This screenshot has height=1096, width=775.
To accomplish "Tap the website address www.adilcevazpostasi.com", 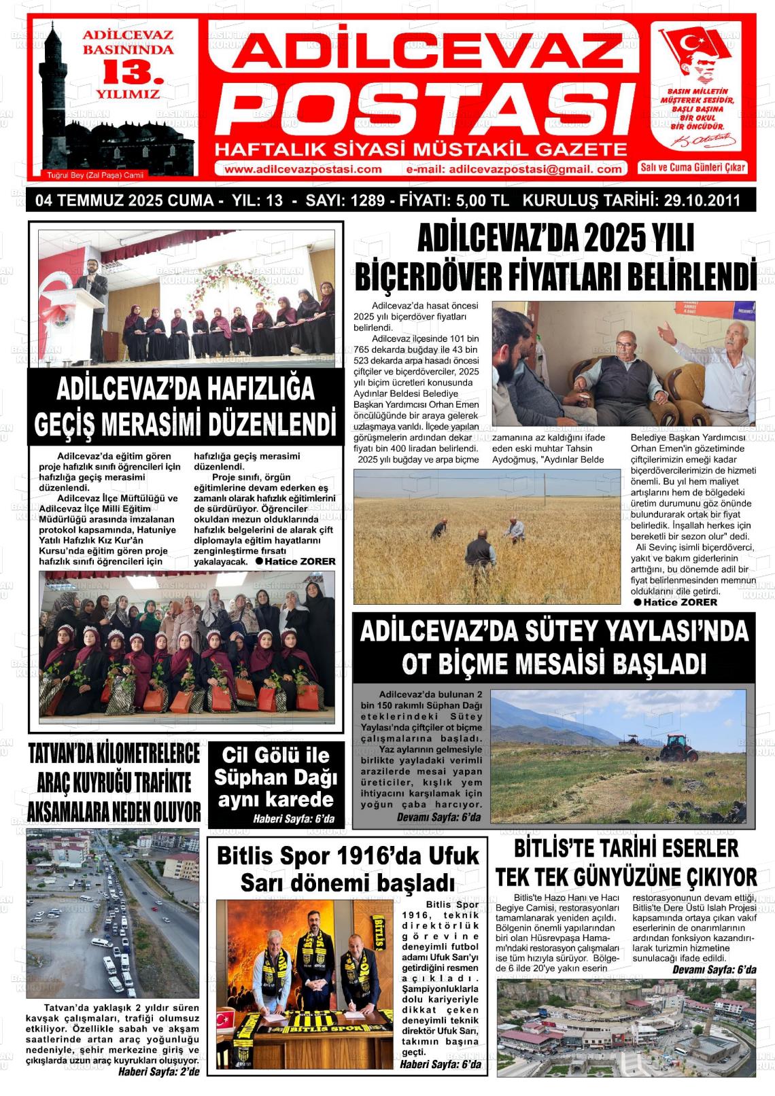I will click(302, 169).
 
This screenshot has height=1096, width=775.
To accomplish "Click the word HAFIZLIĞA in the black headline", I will click(259, 389).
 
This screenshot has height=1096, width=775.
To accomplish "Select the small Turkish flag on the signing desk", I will click(224, 1021).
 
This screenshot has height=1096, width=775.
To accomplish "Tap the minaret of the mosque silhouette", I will click(53, 75).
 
